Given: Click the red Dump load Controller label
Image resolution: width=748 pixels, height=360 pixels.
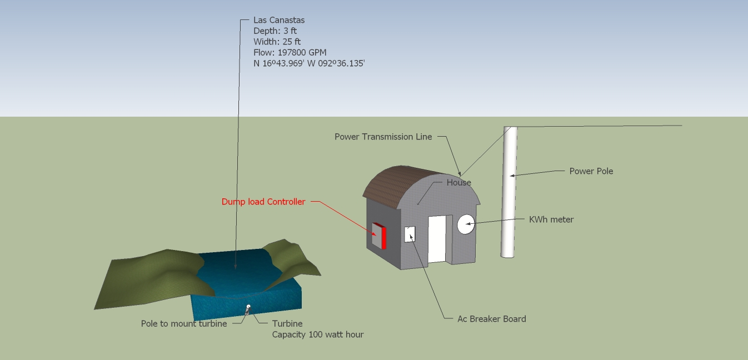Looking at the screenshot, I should tap(263, 202).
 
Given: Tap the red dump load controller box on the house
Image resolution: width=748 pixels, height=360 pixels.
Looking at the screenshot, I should tap(379, 236).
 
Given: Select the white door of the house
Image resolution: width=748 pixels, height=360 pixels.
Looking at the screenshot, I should tap(437, 239).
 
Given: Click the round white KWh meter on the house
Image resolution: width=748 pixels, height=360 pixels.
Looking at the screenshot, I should tap(466, 224).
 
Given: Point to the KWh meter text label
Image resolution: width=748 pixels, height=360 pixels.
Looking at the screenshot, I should tap(551, 219).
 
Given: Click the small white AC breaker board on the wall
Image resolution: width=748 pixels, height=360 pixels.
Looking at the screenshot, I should tap(410, 234).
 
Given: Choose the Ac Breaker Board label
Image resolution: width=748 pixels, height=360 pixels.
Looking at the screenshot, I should tap(491, 319).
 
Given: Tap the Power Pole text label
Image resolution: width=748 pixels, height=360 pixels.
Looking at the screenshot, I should tap(591, 171).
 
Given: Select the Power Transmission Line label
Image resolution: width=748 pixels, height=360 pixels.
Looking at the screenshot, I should tap(383, 137).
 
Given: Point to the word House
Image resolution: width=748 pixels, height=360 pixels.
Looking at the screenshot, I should tap(458, 182).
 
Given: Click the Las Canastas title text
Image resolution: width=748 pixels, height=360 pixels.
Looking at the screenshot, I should tap(279, 20).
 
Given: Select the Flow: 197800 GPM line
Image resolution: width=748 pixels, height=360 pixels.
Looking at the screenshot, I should tap(290, 52).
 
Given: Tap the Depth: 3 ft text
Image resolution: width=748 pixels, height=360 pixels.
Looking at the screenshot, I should tap(275, 31).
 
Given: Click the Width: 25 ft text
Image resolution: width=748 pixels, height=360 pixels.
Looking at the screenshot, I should tap(277, 42).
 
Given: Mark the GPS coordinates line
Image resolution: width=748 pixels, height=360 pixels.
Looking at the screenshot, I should tap(309, 63).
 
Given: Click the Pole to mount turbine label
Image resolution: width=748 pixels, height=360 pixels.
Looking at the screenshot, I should tap(184, 324).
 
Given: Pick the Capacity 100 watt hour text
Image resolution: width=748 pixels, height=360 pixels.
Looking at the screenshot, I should tap(317, 334).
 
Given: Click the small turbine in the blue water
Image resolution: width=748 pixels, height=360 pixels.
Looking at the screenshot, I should tap(248, 307).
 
